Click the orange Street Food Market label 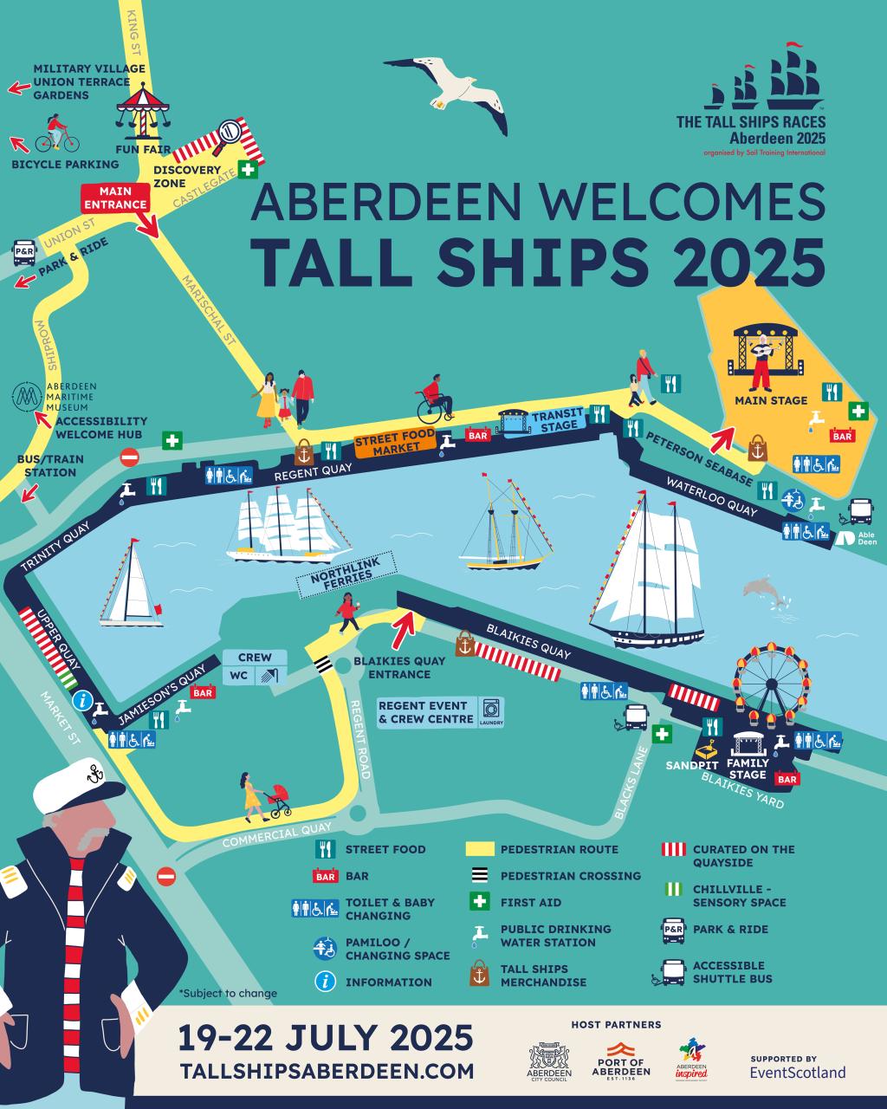click(394, 446)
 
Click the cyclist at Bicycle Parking click(56, 135)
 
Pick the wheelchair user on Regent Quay click(435, 399)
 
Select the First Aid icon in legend click(479, 902)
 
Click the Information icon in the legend click(325, 982)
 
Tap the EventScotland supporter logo click(797, 1067)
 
